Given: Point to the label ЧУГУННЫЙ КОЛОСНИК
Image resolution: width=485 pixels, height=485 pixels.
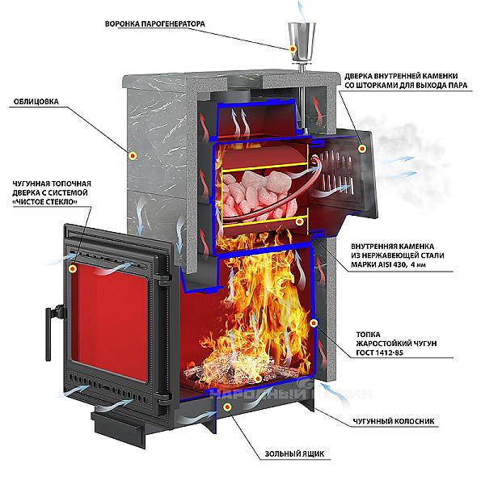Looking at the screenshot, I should pos(393,422).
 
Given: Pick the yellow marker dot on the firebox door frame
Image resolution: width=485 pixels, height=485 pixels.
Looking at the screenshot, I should pos(74,267).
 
